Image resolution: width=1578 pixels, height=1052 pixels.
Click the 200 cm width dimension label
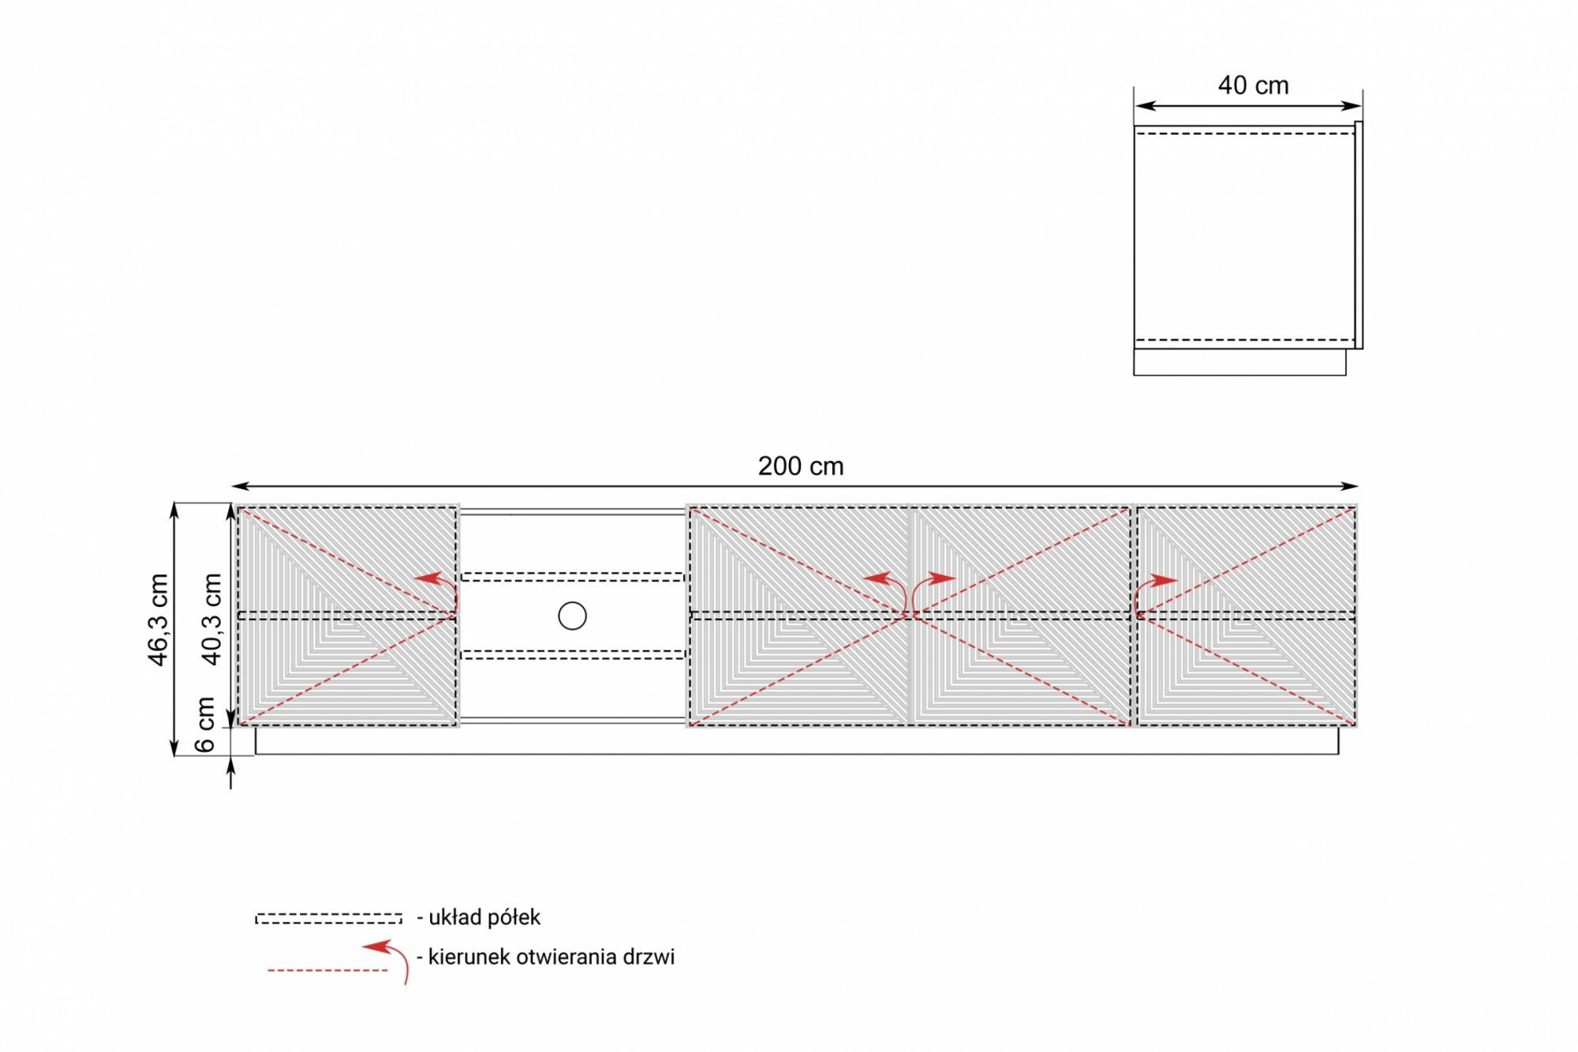point(800,466)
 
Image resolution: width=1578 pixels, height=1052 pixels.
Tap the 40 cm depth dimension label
point(1253,85)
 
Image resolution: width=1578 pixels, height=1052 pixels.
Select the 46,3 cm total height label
point(159,620)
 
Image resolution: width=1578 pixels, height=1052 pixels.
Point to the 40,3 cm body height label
point(211,620)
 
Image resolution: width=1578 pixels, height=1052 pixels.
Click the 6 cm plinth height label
point(205,724)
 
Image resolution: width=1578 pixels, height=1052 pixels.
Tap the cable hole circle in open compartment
point(572,616)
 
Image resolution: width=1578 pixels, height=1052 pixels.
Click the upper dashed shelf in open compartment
point(572,577)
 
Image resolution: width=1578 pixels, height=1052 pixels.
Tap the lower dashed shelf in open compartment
point(572,654)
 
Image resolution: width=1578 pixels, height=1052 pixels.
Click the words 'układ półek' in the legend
point(484,917)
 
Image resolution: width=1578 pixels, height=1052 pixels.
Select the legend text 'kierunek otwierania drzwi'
point(552,957)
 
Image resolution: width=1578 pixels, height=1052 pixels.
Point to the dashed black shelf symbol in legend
point(328,919)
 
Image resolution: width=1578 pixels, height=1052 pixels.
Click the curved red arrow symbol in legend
point(391,958)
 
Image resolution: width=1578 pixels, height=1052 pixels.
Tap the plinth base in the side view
point(1240,362)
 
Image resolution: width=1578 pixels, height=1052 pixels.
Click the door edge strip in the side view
point(1359,235)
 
